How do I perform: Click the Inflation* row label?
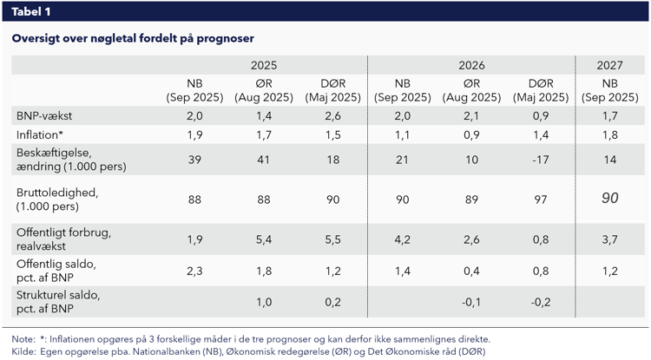click(40, 134)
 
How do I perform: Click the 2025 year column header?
click(264, 65)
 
